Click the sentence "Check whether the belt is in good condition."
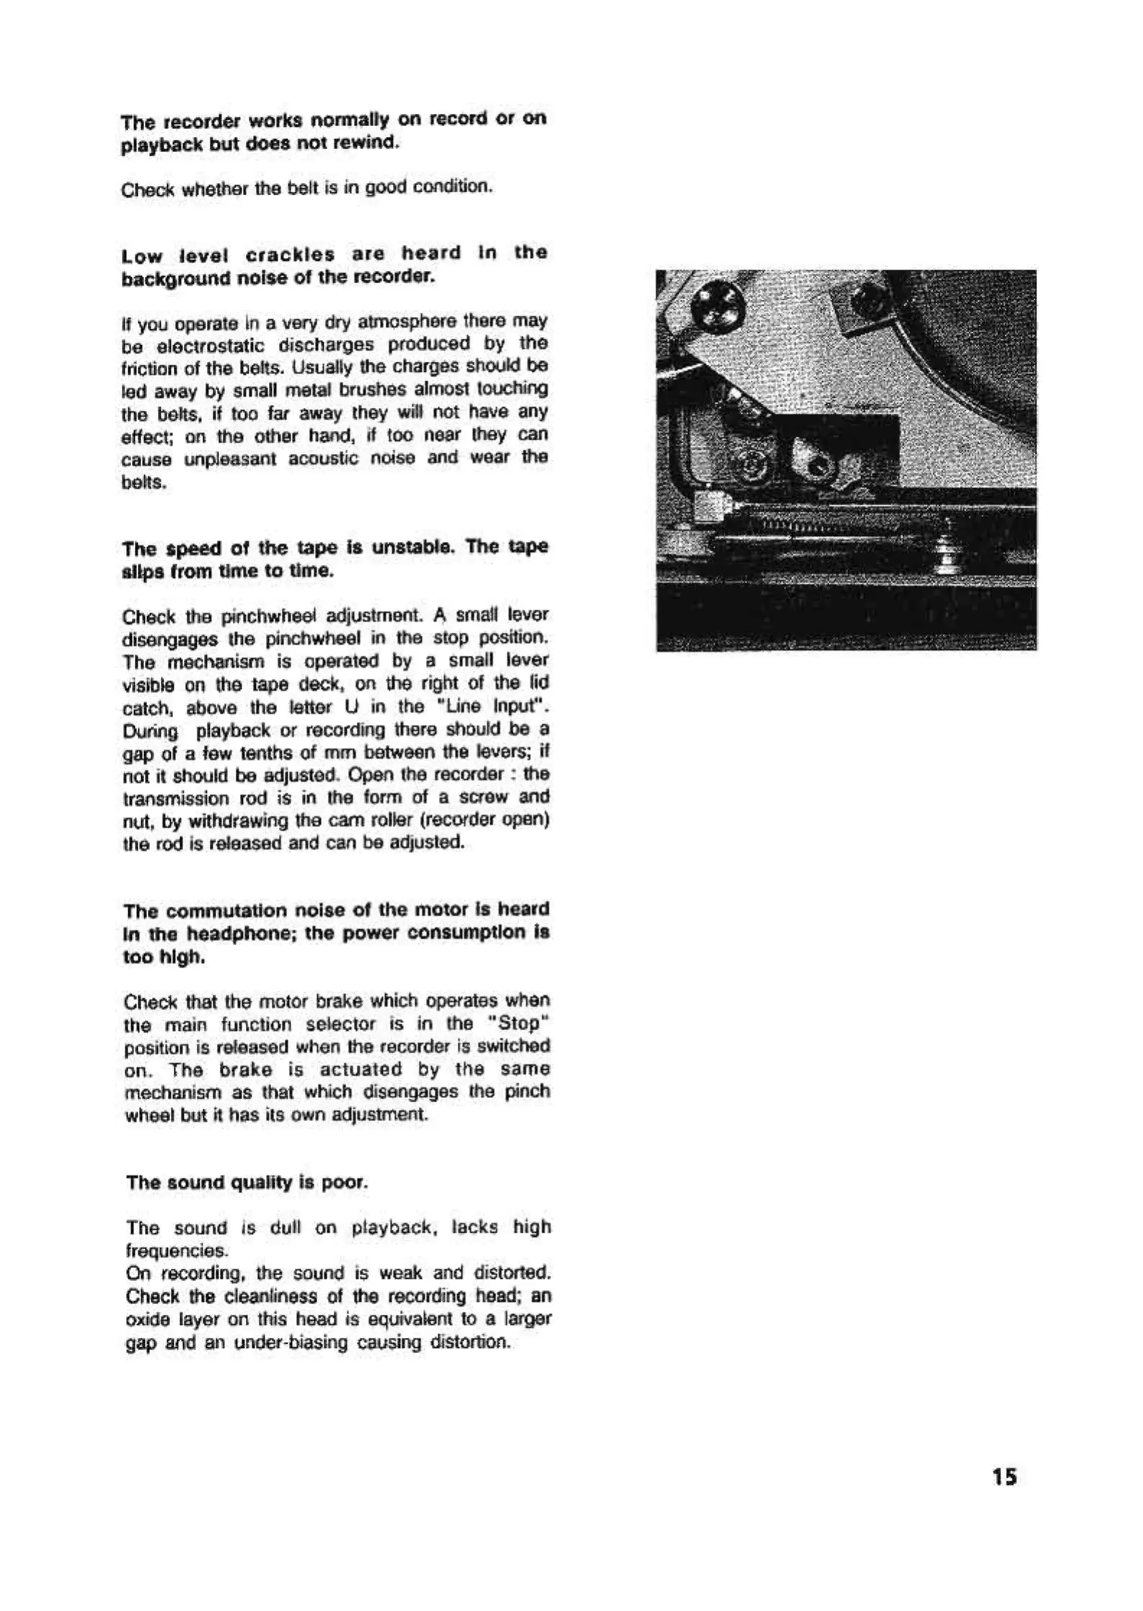coord(307,188)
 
